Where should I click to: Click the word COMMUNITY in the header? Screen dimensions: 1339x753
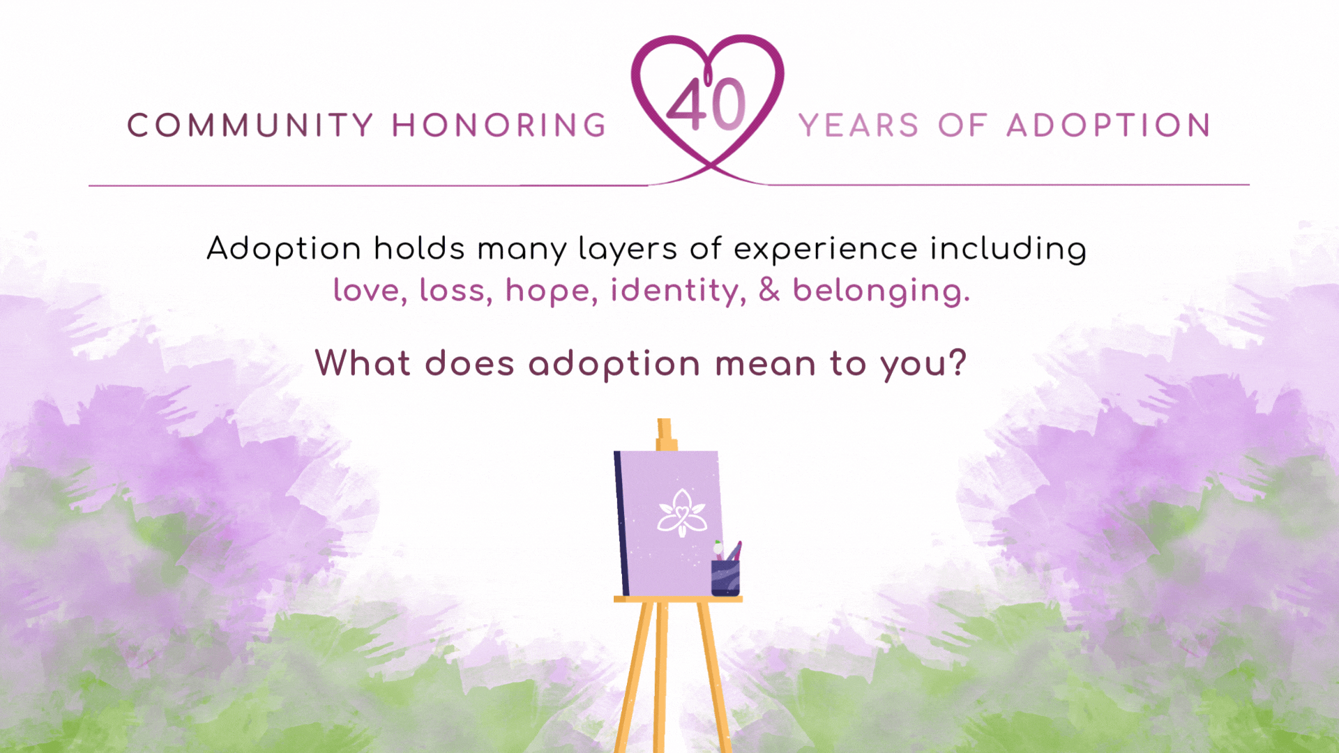[251, 125]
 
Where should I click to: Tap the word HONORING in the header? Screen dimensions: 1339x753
[499, 125]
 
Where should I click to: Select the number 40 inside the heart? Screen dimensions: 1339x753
[706, 104]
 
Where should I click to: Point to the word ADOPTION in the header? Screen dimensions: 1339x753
[1109, 125]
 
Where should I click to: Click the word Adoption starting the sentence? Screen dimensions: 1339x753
[284, 249]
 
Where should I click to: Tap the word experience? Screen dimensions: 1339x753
[826, 250]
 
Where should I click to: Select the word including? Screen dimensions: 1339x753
[1008, 250]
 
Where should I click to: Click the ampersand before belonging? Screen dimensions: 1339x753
[769, 290]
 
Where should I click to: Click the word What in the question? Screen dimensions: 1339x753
[363, 363]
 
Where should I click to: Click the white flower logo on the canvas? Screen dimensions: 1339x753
[682, 513]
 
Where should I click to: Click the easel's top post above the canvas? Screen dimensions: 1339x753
[665, 434]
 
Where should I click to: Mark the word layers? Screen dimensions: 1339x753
[628, 250]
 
